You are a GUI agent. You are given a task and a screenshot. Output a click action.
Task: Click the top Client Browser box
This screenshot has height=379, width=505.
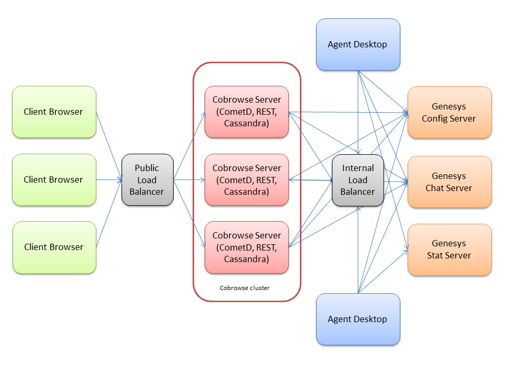pyautogui.click(x=54, y=112)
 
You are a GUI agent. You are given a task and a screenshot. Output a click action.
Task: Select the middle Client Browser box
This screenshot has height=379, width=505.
pyautogui.click(x=54, y=179)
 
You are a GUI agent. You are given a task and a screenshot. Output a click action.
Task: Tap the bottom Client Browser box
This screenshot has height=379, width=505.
pyautogui.click(x=54, y=247)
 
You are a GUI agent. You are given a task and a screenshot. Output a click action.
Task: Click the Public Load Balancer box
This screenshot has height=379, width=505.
pyautogui.click(x=147, y=179)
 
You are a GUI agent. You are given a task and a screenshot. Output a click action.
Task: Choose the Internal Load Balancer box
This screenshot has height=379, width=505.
pyautogui.click(x=358, y=179)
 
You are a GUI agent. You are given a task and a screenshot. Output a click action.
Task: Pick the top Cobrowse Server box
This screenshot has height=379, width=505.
pyautogui.click(x=247, y=112)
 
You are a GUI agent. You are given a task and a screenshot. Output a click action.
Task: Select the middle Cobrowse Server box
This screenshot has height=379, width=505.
pyautogui.click(x=247, y=179)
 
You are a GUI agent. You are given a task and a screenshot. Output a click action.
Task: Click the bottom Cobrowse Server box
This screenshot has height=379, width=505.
pyautogui.click(x=247, y=247)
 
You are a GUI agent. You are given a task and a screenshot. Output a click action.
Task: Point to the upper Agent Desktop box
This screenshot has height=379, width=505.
pyautogui.click(x=358, y=44)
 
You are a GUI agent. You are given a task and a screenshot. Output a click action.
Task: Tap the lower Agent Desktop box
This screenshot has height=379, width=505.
pyautogui.click(x=358, y=319)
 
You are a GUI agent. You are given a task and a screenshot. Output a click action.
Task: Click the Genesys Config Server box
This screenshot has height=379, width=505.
pyautogui.click(x=449, y=113)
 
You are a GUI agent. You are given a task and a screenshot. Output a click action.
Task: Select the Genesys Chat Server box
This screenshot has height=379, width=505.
pyautogui.click(x=449, y=182)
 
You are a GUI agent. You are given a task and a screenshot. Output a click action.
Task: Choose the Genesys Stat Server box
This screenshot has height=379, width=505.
pyautogui.click(x=449, y=250)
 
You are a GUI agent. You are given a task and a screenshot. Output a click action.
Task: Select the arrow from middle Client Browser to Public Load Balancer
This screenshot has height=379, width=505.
pyautogui.click(x=109, y=179)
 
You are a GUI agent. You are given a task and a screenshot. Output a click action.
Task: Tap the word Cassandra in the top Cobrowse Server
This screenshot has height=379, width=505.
pyautogui.click(x=247, y=124)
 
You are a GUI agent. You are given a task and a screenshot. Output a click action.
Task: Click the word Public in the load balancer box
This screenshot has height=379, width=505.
pyautogui.click(x=147, y=168)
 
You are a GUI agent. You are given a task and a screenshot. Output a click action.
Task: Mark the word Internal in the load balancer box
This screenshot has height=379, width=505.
pyautogui.click(x=358, y=168)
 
